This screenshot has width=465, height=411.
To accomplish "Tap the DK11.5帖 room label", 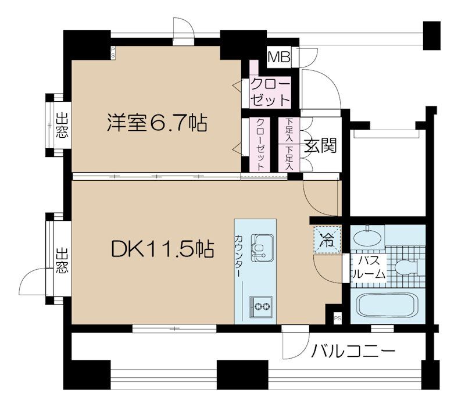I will click(x=162, y=249).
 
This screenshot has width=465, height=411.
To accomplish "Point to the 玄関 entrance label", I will click(x=322, y=145).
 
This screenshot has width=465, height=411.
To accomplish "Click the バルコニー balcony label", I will click(x=353, y=351).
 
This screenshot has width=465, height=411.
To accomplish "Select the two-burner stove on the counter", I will click(x=260, y=305).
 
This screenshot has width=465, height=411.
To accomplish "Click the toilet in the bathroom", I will click(x=406, y=266).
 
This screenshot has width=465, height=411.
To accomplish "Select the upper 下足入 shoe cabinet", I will click(x=289, y=131).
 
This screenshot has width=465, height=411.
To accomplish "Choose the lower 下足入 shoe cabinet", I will click(x=289, y=157).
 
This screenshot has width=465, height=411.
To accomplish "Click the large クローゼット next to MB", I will click(x=270, y=91).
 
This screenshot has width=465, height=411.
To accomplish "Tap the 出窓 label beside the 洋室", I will click(x=60, y=126).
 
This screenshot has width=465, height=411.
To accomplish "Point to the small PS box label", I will click(x=337, y=318).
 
